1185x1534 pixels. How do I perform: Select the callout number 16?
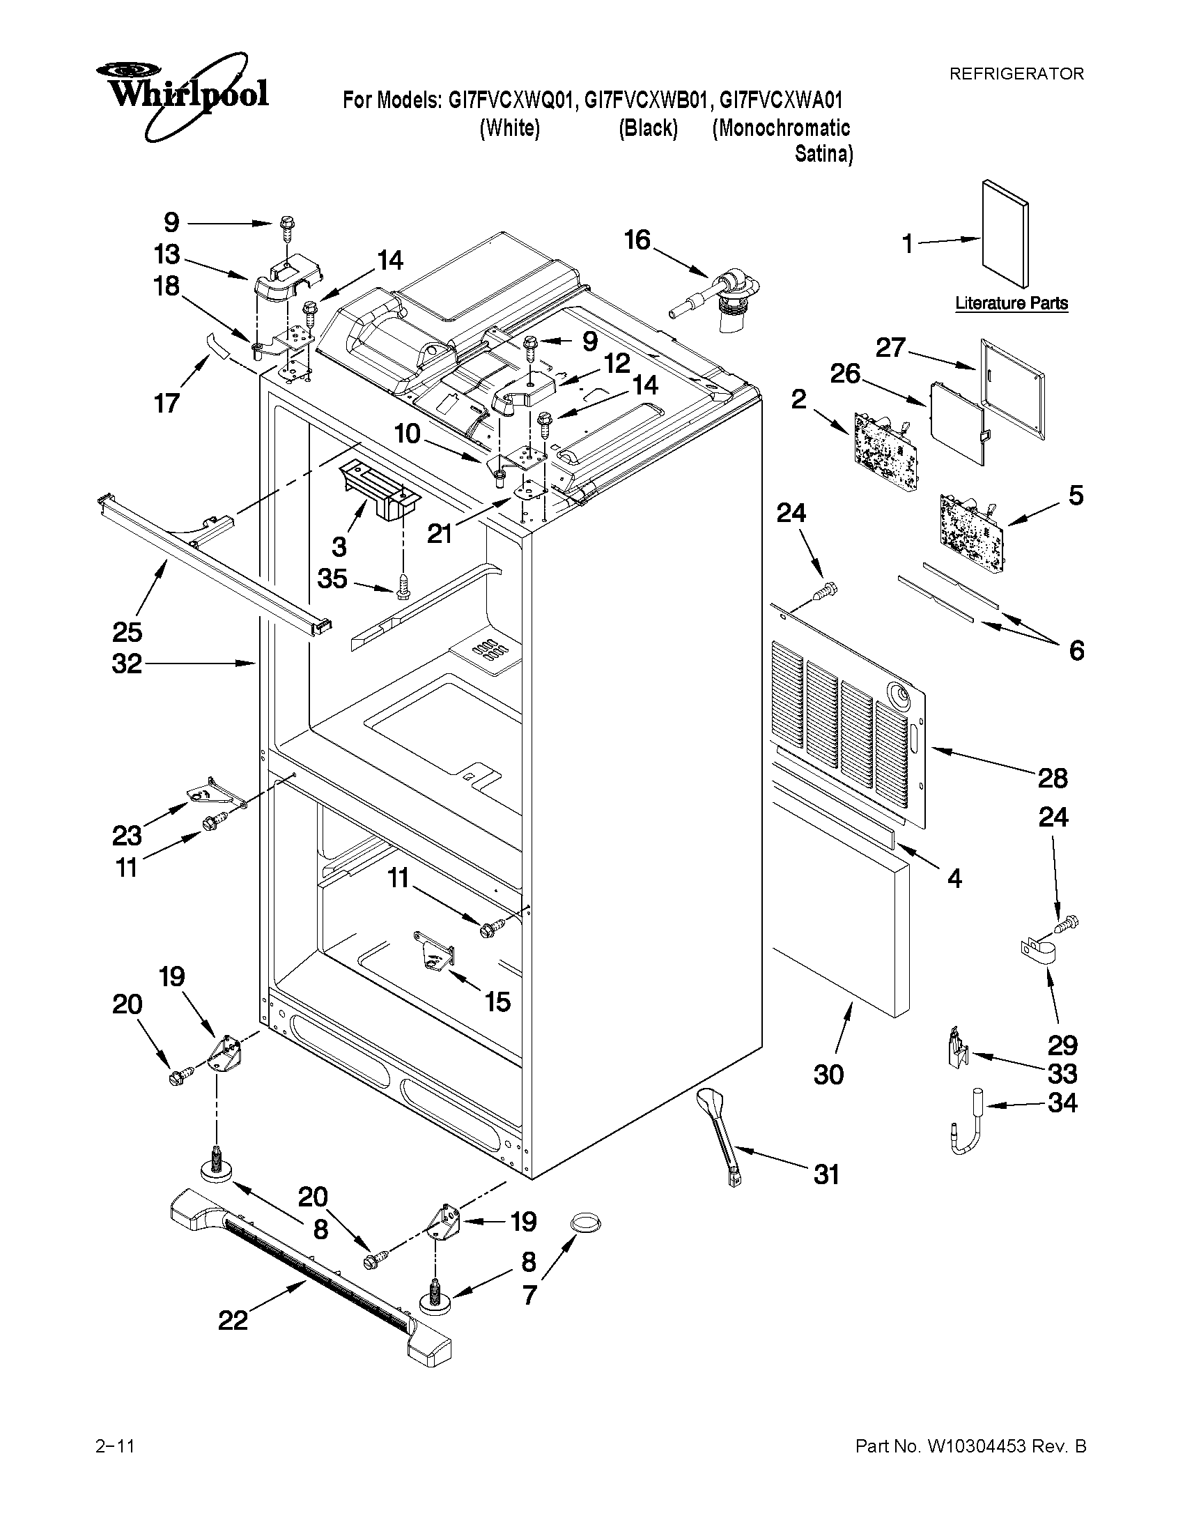637,240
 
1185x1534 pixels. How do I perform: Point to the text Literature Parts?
1012,303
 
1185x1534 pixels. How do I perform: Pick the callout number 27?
890,348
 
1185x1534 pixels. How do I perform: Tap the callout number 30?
828,1075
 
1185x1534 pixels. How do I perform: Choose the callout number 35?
332,578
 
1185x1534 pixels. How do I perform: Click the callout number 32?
127,663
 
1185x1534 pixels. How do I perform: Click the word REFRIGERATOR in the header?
1016,74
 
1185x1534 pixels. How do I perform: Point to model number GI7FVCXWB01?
645,101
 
